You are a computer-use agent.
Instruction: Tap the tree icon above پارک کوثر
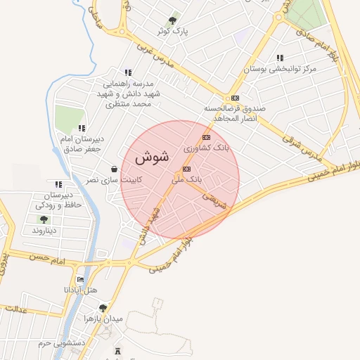(x=174, y=20)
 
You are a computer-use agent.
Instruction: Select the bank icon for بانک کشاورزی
(x=206, y=137)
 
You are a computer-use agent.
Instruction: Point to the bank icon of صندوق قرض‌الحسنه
(x=234, y=98)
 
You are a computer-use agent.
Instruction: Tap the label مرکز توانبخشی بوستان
(x=281, y=69)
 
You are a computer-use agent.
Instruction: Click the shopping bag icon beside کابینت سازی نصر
(x=114, y=169)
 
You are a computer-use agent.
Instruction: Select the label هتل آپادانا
(x=79, y=290)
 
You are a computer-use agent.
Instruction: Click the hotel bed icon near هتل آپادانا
(x=80, y=279)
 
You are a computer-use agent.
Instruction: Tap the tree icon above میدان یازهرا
(x=103, y=307)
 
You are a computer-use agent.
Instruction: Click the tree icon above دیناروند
(x=44, y=219)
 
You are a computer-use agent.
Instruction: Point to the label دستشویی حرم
(x=62, y=343)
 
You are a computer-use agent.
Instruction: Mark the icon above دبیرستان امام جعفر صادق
(x=82, y=128)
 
